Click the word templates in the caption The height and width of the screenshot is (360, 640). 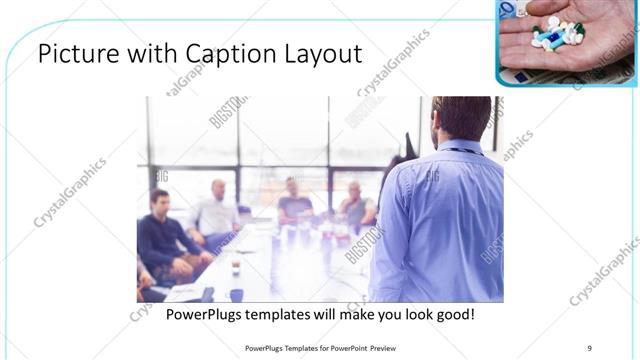coord(285,315)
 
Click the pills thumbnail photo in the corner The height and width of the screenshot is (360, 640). coord(566,42)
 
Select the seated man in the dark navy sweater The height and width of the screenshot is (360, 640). coord(160,235)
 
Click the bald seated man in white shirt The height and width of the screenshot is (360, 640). coord(216,212)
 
